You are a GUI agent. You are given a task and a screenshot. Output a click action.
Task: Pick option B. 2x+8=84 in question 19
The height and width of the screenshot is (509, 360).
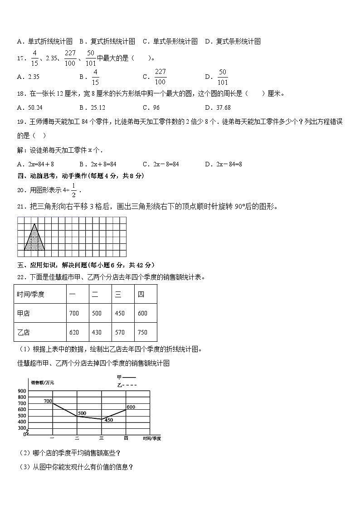(x=98, y=164)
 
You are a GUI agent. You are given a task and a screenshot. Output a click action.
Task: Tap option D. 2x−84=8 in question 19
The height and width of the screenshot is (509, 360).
(x=224, y=164)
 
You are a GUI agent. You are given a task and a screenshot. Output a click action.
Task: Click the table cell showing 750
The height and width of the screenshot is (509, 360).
(x=142, y=332)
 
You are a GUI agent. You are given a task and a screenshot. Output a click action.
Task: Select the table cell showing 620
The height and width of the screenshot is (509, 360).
(x=74, y=332)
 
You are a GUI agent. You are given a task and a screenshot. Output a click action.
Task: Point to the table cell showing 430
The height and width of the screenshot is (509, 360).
(x=97, y=332)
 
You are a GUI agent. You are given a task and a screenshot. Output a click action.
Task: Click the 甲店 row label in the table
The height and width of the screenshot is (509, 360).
(x=24, y=313)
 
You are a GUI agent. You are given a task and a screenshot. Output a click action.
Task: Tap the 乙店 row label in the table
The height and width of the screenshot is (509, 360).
(x=24, y=332)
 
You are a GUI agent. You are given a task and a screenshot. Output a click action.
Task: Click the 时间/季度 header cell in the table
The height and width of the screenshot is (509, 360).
(x=31, y=294)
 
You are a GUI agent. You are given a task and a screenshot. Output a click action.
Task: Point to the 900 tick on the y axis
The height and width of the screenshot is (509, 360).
(x=21, y=391)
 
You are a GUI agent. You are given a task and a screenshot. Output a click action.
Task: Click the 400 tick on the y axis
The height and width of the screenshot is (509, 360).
(x=21, y=428)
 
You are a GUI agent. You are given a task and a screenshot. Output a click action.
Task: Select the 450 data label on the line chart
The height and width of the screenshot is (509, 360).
(x=109, y=420)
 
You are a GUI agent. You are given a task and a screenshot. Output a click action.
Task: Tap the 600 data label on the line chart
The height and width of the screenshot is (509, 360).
(x=131, y=407)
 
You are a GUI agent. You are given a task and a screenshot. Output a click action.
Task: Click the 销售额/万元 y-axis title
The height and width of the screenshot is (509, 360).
(x=43, y=383)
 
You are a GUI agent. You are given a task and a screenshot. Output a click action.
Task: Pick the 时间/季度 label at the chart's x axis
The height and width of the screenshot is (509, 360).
(x=151, y=438)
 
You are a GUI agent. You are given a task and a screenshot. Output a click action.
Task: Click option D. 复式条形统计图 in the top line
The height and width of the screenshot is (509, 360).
(x=233, y=41)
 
